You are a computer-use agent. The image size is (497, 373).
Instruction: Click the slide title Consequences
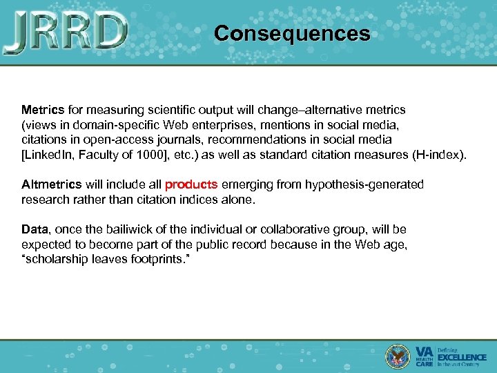291,33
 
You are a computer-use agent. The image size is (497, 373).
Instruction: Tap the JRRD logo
66,32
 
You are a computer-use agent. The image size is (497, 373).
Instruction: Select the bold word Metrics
42,110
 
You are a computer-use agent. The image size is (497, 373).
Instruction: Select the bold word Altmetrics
51,184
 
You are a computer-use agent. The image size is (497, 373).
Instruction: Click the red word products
191,184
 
